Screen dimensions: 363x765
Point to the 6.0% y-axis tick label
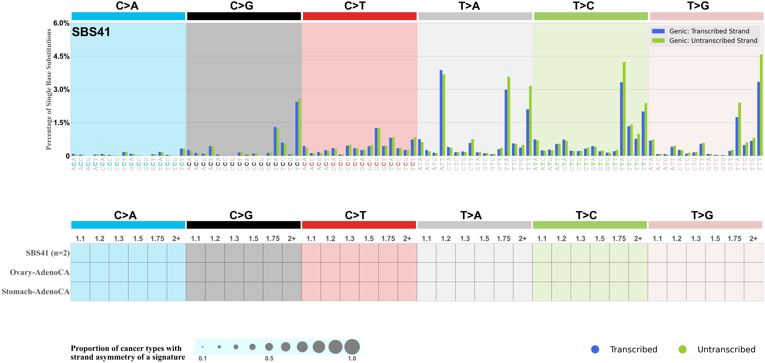(62, 23)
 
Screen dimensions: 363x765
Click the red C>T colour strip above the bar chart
(359, 16)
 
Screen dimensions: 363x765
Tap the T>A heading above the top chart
(469, 6)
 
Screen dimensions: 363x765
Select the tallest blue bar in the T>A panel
(441, 113)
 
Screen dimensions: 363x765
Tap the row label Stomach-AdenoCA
(36, 292)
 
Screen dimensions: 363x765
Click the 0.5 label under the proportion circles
(269, 358)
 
